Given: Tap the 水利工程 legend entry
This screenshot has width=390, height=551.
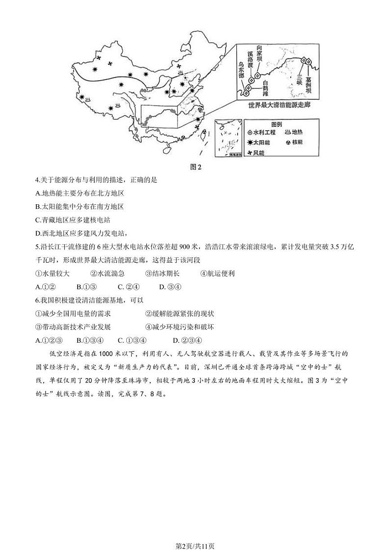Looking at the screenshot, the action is click(x=265, y=133).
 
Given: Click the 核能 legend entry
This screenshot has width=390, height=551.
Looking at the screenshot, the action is click(x=293, y=143).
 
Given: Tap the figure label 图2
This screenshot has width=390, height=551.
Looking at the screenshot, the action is click(x=195, y=166).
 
